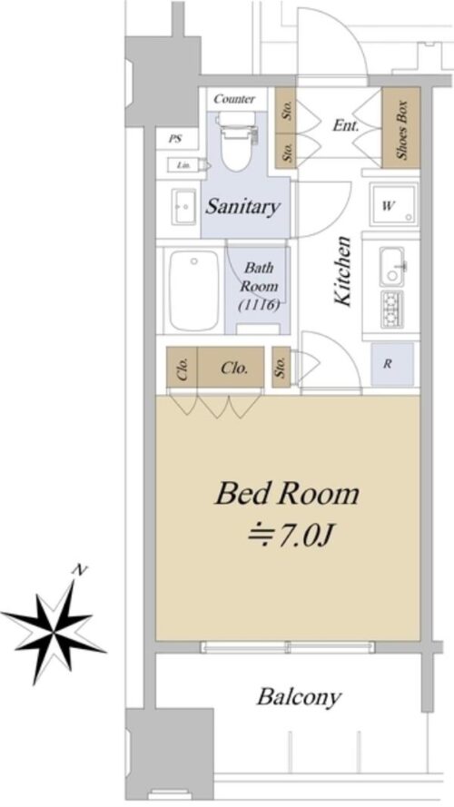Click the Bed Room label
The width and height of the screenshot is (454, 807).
pyautogui.click(x=287, y=494)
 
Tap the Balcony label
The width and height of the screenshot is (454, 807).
pyautogui.click(x=299, y=698)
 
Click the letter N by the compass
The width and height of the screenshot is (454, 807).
pyautogui.click(x=79, y=570)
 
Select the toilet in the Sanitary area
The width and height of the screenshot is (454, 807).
pyautogui.click(x=237, y=140)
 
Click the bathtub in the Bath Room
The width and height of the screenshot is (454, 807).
pyautogui.click(x=194, y=290)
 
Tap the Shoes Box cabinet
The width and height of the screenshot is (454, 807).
pyautogui.click(x=401, y=128)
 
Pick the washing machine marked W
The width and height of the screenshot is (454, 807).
pyautogui.click(x=394, y=204)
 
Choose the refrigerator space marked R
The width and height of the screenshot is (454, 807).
pyautogui.click(x=392, y=364)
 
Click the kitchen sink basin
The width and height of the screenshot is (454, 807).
pyautogui.click(x=392, y=267)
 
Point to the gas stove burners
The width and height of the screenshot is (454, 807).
pyautogui.click(x=392, y=310)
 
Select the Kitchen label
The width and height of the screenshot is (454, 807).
pyautogui.click(x=342, y=271)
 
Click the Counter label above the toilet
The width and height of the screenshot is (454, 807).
pyautogui.click(x=234, y=99)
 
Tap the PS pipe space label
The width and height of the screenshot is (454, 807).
pyautogui.click(x=175, y=139)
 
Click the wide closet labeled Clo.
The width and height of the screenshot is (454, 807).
pyautogui.click(x=231, y=367)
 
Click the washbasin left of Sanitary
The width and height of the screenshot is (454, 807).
pyautogui.click(x=183, y=206)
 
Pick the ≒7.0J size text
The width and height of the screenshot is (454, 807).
pyautogui.click(x=291, y=536)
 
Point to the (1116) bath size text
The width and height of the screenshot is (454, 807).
pyautogui.click(x=260, y=305)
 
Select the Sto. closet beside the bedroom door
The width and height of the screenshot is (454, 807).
pyautogui.click(x=281, y=367)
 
